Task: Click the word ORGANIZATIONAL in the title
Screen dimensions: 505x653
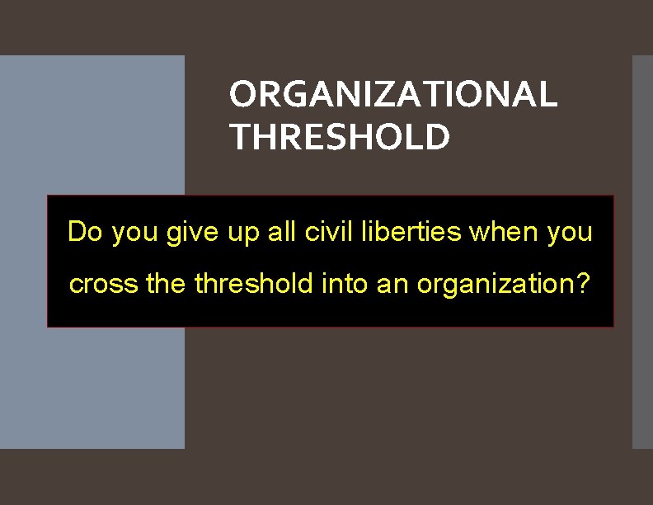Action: [393, 95]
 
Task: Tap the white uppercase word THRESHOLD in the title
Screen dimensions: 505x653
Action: [340, 137]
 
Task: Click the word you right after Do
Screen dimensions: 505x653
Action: [134, 234]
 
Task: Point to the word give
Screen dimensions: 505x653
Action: [189, 234]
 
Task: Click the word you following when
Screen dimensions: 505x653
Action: [569, 234]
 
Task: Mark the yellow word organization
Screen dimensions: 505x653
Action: [494, 286]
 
